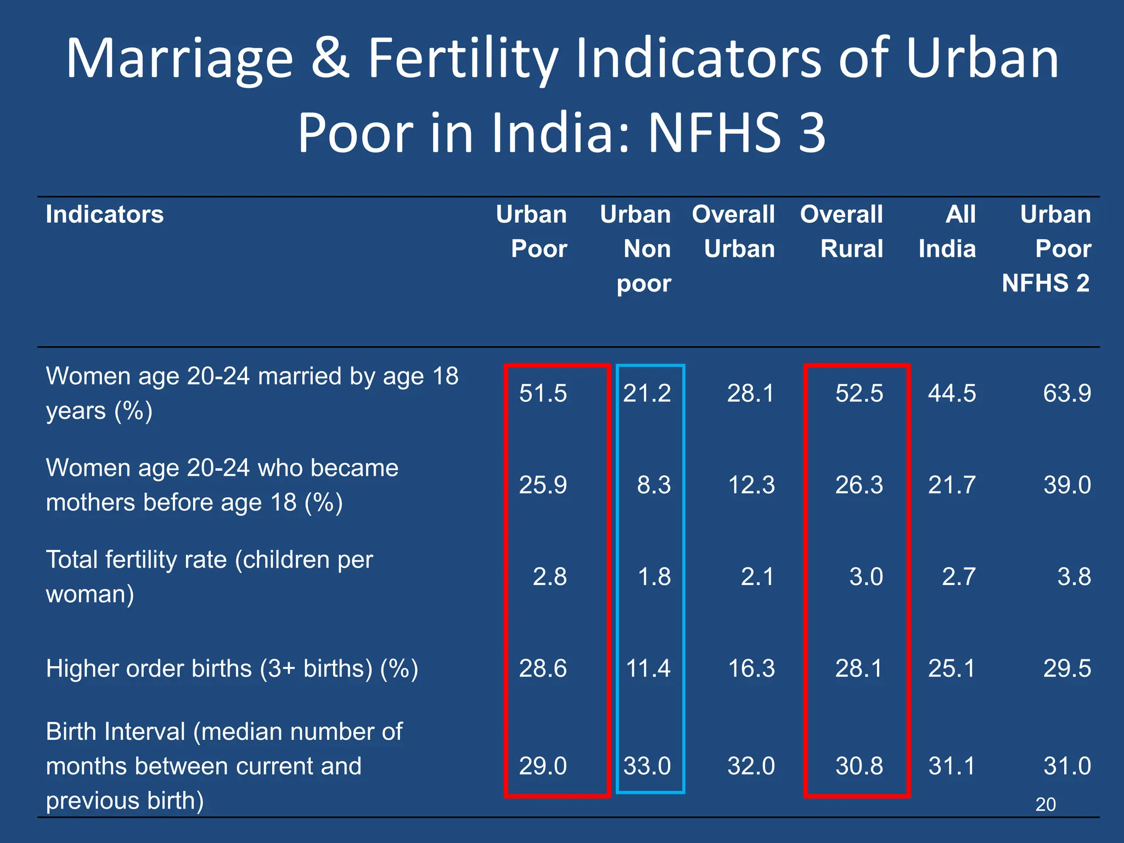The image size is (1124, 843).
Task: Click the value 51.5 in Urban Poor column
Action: (543, 394)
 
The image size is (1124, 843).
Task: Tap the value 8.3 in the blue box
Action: (654, 485)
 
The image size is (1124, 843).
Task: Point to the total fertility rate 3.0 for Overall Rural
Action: (866, 577)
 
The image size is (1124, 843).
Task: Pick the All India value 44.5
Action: (952, 394)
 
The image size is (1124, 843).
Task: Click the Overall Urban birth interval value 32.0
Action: (751, 766)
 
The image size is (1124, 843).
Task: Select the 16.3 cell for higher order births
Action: (751, 668)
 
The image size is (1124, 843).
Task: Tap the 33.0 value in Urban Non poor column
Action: (647, 766)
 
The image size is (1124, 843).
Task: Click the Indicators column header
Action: (104, 215)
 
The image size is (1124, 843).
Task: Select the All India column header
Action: (947, 232)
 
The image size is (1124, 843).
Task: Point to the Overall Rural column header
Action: (842, 232)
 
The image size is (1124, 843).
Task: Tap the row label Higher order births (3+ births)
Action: (232, 668)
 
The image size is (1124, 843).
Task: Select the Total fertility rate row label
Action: (209, 576)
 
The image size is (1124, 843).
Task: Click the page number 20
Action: (1045, 805)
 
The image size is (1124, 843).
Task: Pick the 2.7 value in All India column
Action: (958, 577)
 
